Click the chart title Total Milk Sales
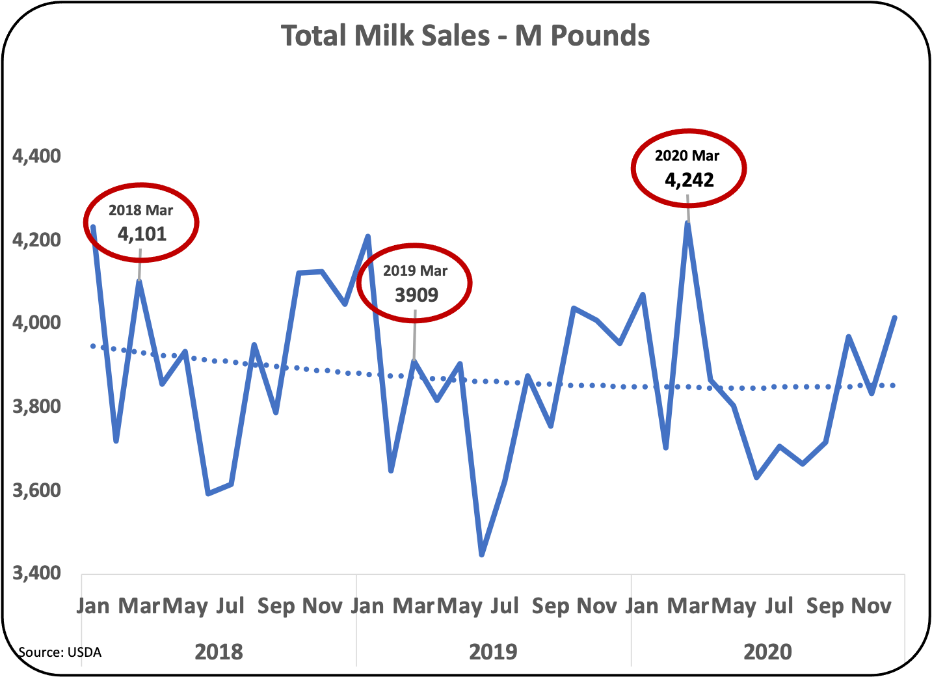[x=465, y=36]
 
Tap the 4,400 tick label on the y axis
[x=36, y=156]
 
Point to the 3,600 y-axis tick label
[x=36, y=490]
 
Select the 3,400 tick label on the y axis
[x=36, y=573]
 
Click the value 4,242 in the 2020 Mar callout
[x=689, y=180]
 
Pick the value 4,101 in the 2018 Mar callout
[x=142, y=234]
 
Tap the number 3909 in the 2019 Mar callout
[x=417, y=295]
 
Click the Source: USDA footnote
[x=60, y=652]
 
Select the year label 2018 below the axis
[x=219, y=652]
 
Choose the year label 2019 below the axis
[x=493, y=652]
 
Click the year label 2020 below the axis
[x=767, y=652]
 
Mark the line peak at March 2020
[x=688, y=223]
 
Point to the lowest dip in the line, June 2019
[x=482, y=555]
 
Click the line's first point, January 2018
[x=93, y=227]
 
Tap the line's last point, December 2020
[x=895, y=317]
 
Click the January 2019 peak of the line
[x=368, y=237]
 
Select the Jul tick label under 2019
[x=505, y=606]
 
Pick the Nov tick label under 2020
[x=871, y=606]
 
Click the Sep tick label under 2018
[x=276, y=606]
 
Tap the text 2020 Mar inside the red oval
[x=687, y=156]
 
